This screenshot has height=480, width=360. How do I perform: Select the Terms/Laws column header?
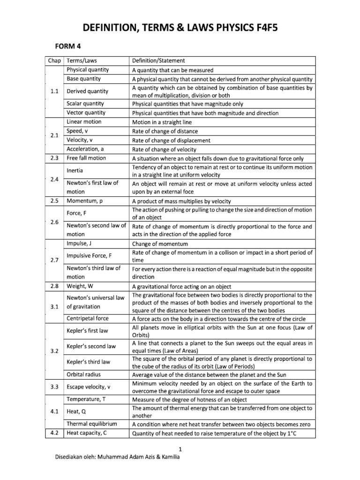pyautogui.click(x=85, y=60)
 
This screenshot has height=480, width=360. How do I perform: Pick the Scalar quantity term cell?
pyautogui.click(x=85, y=104)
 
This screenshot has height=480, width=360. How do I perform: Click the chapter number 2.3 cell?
pyautogui.click(x=54, y=158)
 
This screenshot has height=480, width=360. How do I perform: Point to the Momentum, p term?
pyautogui.click(x=86, y=201)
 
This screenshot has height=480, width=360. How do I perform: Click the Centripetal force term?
pyautogui.click(x=88, y=318)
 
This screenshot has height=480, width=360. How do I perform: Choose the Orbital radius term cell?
pyautogui.click(x=84, y=375)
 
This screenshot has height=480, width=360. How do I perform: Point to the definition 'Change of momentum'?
pyautogui.click(x=160, y=244)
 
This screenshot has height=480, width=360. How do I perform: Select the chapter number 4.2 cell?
pyautogui.click(x=54, y=433)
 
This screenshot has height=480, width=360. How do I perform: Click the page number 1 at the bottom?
pyautogui.click(x=180, y=449)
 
